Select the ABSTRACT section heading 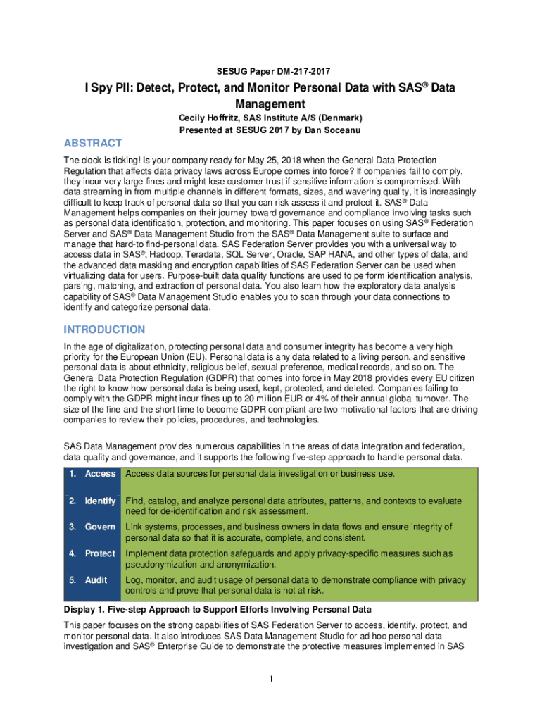click(x=93, y=143)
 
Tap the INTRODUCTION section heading click(x=105, y=330)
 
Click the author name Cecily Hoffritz click(x=211, y=118)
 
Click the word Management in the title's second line click(x=271, y=104)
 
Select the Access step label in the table click(x=100, y=474)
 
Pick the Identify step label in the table click(x=100, y=501)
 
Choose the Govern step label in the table click(x=100, y=527)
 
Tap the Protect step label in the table click(x=100, y=553)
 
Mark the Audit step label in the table click(x=96, y=580)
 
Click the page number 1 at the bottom click(x=271, y=679)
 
